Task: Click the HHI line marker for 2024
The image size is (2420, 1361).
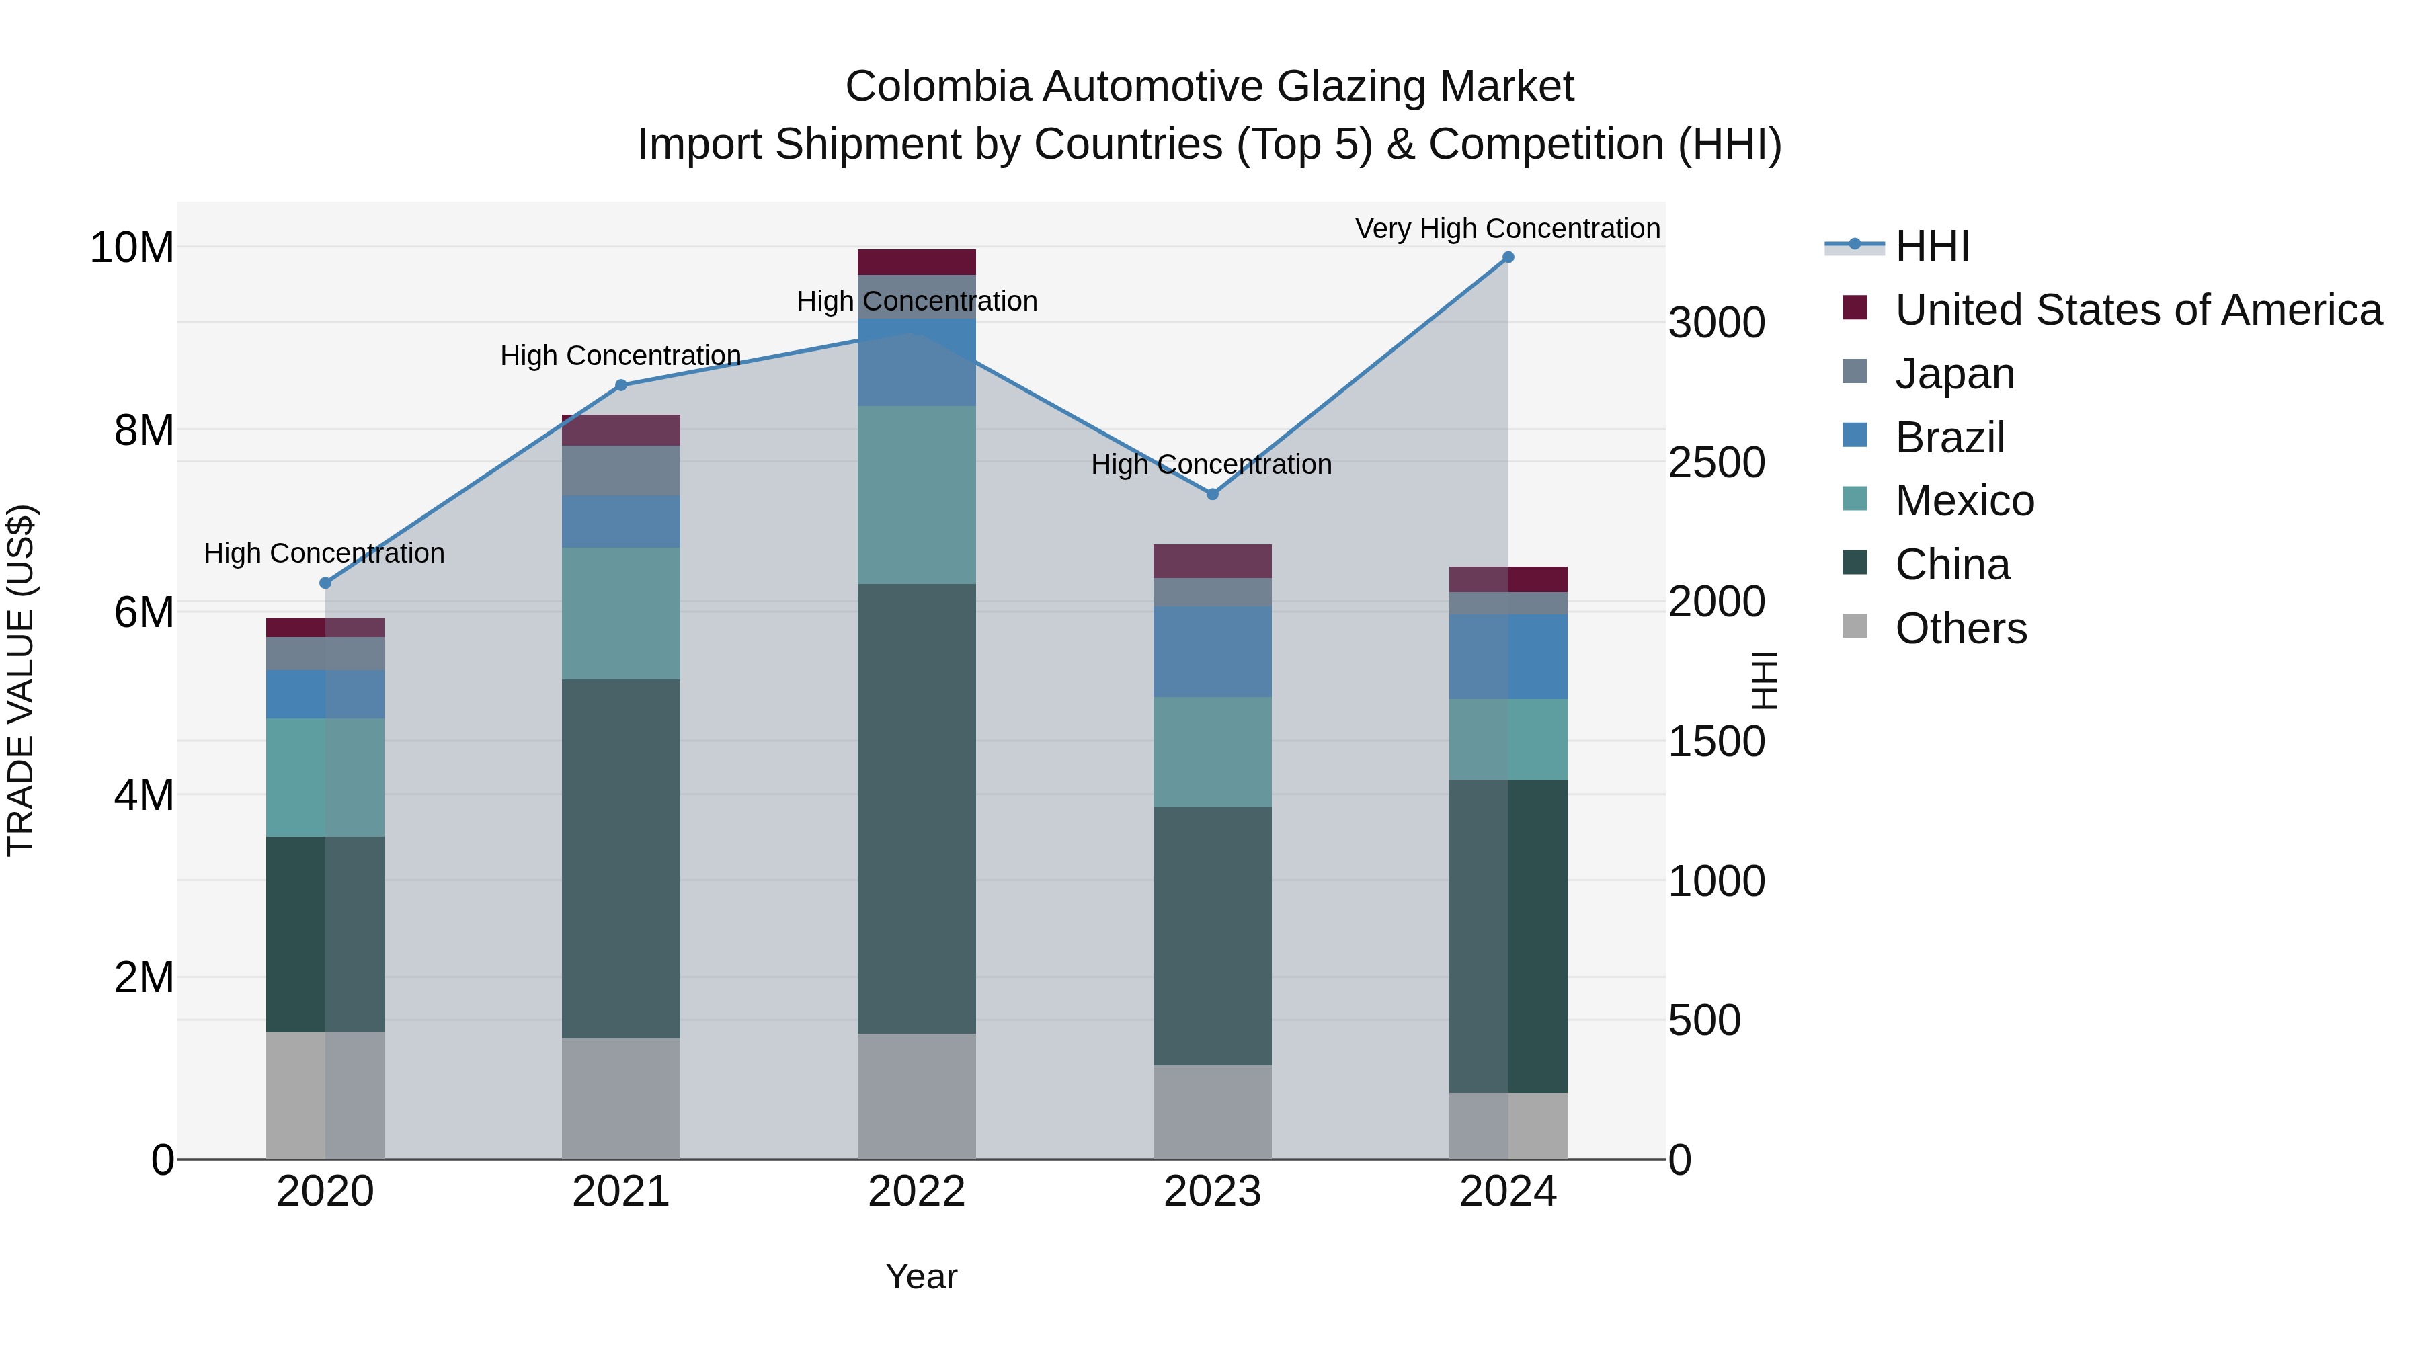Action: (1508, 257)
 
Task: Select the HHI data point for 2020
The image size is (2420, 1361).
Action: (325, 583)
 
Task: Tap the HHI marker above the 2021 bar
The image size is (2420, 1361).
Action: (620, 385)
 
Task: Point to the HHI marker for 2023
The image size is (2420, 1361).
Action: (1212, 494)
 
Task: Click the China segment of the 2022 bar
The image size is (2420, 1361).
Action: (916, 808)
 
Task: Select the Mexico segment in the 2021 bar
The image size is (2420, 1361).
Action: (620, 614)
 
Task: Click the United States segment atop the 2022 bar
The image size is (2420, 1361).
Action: (916, 262)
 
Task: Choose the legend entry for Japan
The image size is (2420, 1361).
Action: (1954, 374)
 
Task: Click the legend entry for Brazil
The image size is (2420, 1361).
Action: (1949, 438)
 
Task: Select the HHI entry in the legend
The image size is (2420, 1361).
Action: (1931, 246)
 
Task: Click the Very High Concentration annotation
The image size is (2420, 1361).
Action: (1507, 229)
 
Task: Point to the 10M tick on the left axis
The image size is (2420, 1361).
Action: (132, 248)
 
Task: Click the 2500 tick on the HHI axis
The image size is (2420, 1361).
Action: (1716, 462)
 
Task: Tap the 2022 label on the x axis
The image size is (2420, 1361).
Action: (916, 1192)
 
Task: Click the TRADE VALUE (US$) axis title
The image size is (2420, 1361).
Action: (21, 680)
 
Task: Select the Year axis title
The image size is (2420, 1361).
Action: (921, 1276)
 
